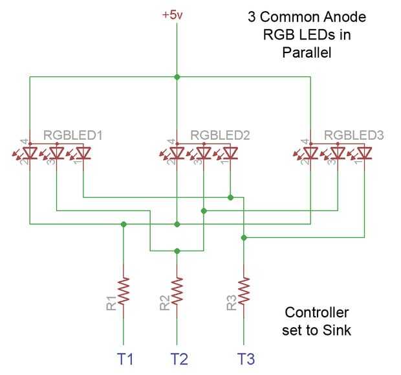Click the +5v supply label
pos(173,15)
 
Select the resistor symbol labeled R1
pos(124,291)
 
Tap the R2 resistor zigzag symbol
pos(177,291)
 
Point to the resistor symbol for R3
pos(244,291)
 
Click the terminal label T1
pos(125,359)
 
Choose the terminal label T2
pos(179,359)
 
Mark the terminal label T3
pos(246,359)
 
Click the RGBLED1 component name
pos(73,135)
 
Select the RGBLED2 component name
pos(220,135)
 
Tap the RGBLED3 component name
pos(354,135)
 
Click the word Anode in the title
pos(345,17)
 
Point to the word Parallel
pos(307,52)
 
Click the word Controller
pos(317,312)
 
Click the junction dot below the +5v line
pos(177,77)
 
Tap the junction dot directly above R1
pos(124,224)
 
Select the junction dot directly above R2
pos(177,251)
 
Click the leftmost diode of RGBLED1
pos(30,153)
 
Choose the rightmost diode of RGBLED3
pos(364,153)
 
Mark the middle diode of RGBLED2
pos(204,153)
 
